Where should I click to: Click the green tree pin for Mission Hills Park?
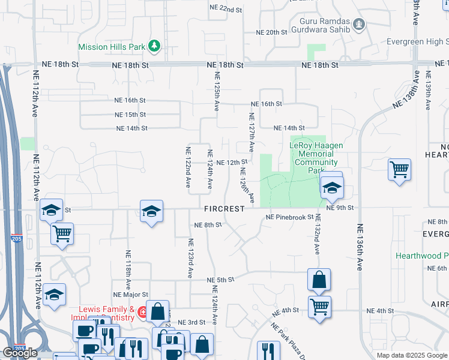[x=155, y=46]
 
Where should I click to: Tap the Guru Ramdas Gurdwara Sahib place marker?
[x=359, y=25]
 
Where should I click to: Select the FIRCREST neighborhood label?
[x=224, y=209]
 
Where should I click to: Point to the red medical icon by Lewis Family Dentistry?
[x=142, y=312]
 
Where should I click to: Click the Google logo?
[x=20, y=353]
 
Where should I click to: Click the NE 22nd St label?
[x=225, y=9]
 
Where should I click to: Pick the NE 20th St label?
[x=272, y=32]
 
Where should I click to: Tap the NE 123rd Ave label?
[x=190, y=258]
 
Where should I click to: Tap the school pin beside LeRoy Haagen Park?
[x=331, y=188]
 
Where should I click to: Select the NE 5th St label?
[x=220, y=280]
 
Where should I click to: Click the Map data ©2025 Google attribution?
[x=412, y=355]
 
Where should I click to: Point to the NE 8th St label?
[x=208, y=224]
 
